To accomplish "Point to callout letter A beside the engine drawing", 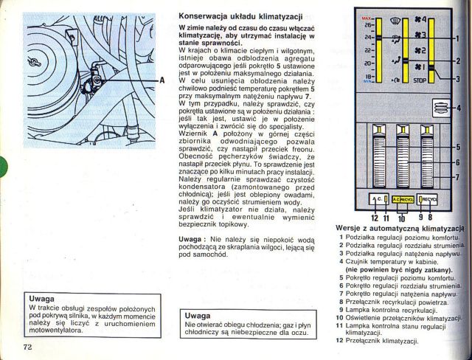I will tap(161, 80).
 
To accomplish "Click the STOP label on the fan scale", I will tap(420, 79).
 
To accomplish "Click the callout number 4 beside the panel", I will tap(459, 108).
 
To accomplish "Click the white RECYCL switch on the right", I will tap(428, 200).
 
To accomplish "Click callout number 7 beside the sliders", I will tap(458, 176).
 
